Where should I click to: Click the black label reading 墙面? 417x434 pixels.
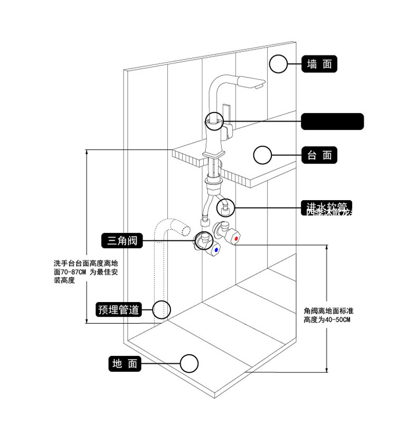point(320,64)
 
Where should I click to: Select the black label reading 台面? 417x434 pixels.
point(319,155)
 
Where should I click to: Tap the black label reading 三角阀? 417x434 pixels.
point(122,241)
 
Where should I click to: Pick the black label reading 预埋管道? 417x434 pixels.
point(119,309)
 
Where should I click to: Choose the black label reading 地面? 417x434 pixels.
point(125,363)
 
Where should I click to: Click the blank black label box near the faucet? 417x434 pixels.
point(332,121)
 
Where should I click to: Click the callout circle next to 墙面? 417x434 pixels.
point(278,64)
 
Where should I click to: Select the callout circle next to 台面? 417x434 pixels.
point(262,155)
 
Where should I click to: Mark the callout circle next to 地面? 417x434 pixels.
point(189,363)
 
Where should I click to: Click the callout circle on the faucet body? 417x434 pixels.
point(214,121)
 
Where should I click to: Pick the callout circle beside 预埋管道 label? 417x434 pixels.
point(162,309)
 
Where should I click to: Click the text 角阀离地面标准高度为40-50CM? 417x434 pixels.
point(328,315)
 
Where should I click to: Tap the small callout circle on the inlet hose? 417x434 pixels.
point(226,205)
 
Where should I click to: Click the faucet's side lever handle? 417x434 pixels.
point(231,128)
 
